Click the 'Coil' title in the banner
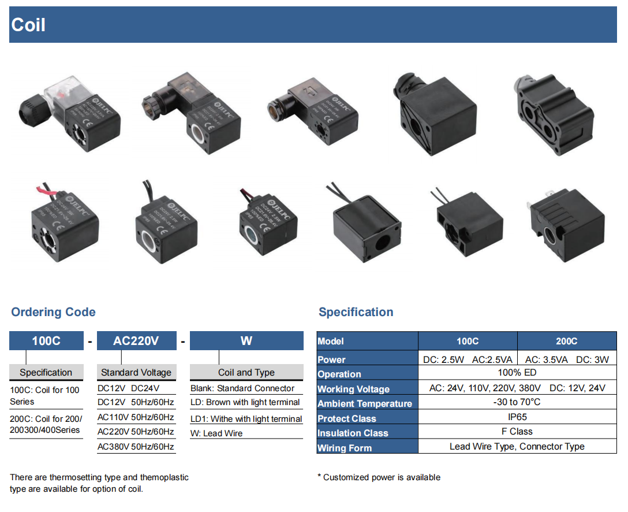[x=28, y=25]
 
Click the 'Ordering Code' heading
[x=53, y=312]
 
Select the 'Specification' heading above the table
[x=356, y=312]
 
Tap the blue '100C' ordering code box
[x=46, y=341]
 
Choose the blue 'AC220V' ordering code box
[x=136, y=341]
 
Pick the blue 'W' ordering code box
[x=246, y=341]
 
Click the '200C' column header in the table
[x=567, y=341]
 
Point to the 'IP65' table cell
[x=517, y=417]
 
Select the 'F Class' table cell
[x=517, y=432]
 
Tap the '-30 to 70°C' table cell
[x=517, y=402]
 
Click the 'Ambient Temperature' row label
[x=365, y=403]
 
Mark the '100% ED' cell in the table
[x=517, y=373]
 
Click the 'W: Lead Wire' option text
[x=216, y=433]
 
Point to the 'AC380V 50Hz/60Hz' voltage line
[x=136, y=447]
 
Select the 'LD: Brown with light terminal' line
[x=245, y=402]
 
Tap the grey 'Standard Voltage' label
[x=136, y=372]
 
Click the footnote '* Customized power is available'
[x=379, y=477]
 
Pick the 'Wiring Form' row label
[x=345, y=448]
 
